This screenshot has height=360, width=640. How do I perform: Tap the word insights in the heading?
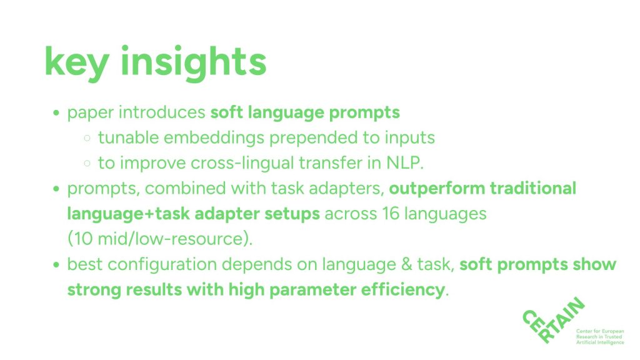[x=194, y=62]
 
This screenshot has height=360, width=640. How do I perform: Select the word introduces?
[x=162, y=112]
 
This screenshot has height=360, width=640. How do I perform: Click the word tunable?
[x=128, y=137]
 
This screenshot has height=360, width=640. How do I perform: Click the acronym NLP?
[x=405, y=163]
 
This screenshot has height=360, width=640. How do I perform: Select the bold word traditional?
[x=532, y=188]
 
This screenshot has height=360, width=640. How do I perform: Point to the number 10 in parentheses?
[x=83, y=239]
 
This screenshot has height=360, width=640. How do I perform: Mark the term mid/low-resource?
[x=171, y=239]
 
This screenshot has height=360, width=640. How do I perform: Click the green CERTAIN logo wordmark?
[x=554, y=321]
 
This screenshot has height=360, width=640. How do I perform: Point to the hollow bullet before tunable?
[x=87, y=138]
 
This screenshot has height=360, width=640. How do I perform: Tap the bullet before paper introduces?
[x=56, y=112]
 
